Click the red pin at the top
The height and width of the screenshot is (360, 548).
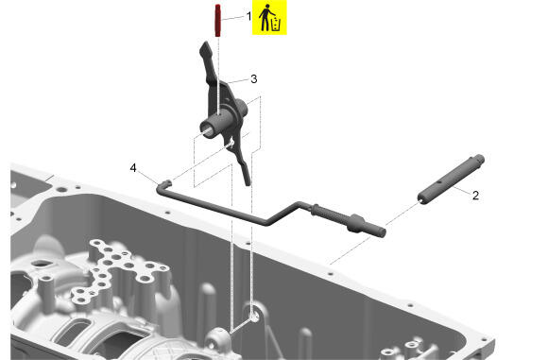pyautogui.click(x=217, y=20)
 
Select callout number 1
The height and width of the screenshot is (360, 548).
pyautogui.click(x=248, y=16)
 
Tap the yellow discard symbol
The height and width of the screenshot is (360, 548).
pyautogui.click(x=269, y=17)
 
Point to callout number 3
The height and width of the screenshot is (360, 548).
pyautogui.click(x=254, y=79)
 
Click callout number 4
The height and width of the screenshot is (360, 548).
pyautogui.click(x=133, y=168)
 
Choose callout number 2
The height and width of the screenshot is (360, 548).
pyautogui.click(x=475, y=196)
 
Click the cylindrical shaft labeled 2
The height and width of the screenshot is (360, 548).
pyautogui.click(x=451, y=180)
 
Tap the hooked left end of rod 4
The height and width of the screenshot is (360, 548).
pyautogui.click(x=163, y=185)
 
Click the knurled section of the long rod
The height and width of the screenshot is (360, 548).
pyautogui.click(x=330, y=214)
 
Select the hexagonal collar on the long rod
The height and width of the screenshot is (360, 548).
pyautogui.click(x=356, y=223)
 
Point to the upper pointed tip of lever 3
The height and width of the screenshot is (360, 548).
pyautogui.click(x=205, y=45)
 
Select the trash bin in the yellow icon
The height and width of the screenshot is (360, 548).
pyautogui.click(x=276, y=25)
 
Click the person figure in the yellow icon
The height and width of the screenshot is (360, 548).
pyautogui.click(x=265, y=17)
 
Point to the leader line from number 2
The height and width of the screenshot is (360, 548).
pyautogui.click(x=462, y=190)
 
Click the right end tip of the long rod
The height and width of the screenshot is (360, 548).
pyautogui.click(x=383, y=232)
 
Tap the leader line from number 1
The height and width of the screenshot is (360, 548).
pyautogui.click(x=233, y=18)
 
